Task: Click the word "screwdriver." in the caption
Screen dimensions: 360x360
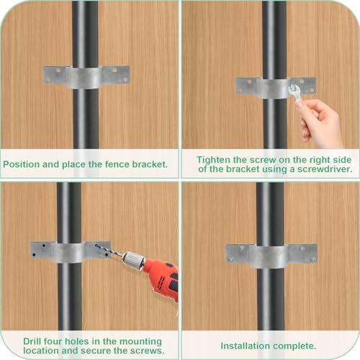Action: coord(325,169)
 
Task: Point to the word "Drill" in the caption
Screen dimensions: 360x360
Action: coord(32,341)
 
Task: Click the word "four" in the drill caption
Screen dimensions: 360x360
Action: coord(53,341)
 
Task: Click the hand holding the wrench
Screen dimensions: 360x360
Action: coord(318,122)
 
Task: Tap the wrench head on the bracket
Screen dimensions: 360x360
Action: coord(293,89)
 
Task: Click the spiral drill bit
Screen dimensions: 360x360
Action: coord(109,251)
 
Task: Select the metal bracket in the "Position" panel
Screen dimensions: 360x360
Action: coord(86,77)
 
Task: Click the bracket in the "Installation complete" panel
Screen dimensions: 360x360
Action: coord(271,256)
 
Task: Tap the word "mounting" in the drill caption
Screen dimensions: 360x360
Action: coord(140,341)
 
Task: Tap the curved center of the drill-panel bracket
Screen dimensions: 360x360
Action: coord(70,253)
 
